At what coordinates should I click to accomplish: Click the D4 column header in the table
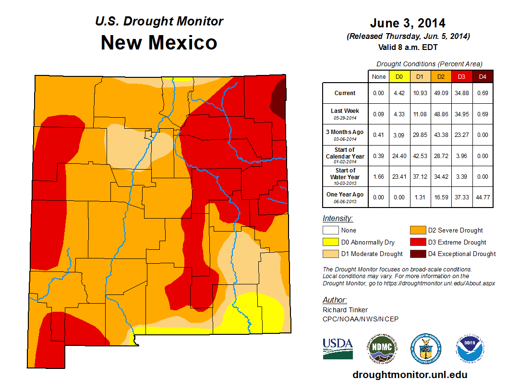pyautogui.click(x=483, y=76)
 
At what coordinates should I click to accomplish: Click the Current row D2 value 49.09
pyautogui.click(x=441, y=93)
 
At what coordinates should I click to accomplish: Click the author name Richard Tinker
pyautogui.click(x=345, y=310)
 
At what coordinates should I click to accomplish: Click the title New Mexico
pyautogui.click(x=159, y=43)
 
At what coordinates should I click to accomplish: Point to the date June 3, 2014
pyautogui.click(x=408, y=23)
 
